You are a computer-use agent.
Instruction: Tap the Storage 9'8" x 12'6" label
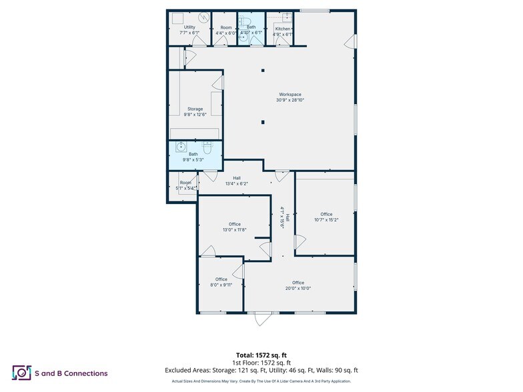coord(195,112)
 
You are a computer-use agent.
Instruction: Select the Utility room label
coord(189,30)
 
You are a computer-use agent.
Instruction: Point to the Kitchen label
coord(283,31)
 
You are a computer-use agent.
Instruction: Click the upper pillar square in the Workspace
coord(264,71)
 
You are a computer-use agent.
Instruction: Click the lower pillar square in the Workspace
coord(264,122)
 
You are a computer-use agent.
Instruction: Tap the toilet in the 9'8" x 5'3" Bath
coord(207,148)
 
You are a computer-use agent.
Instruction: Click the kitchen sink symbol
coord(286,17)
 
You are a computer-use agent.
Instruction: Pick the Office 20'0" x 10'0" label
coord(298,285)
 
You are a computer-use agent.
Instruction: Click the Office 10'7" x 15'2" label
coord(326,217)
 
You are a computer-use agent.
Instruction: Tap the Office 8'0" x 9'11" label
coord(221,282)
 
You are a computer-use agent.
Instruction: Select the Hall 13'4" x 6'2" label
coord(232,181)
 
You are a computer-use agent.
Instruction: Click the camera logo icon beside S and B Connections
coord(22,373)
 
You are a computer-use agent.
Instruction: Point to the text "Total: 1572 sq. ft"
coord(261,355)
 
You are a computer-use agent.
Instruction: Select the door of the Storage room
coord(217,83)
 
